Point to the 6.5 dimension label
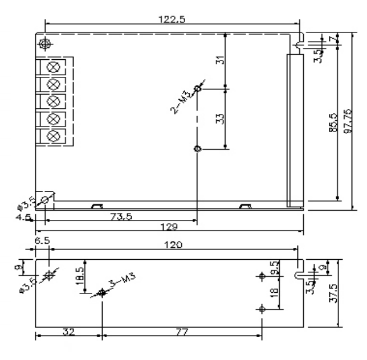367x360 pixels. [x=42, y=242]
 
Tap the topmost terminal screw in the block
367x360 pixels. [x=54, y=67]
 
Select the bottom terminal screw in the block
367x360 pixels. [x=54, y=136]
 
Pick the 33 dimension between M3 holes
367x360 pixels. [x=221, y=118]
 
